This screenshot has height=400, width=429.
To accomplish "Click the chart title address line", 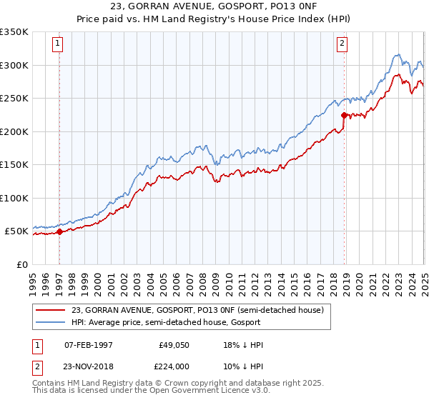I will click(214, 6).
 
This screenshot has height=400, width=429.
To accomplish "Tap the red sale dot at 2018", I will click(344, 115).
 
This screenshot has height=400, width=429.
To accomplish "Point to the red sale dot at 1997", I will click(59, 231).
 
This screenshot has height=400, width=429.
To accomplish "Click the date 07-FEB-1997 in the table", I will click(89, 345).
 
